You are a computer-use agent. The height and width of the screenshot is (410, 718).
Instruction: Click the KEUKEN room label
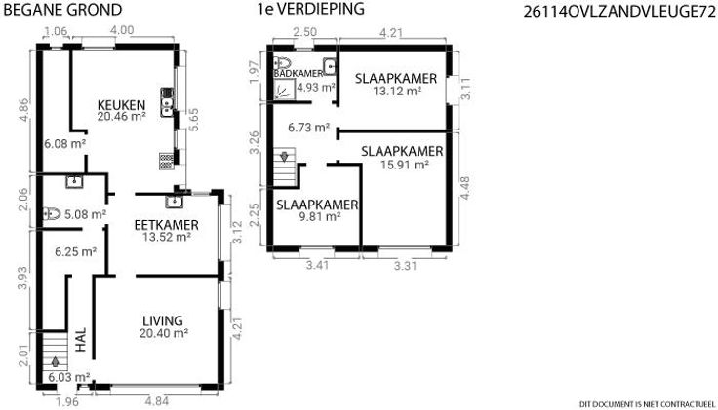pyautogui.click(x=121, y=105)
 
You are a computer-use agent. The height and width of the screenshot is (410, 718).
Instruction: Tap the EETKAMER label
pyautogui.click(x=167, y=225)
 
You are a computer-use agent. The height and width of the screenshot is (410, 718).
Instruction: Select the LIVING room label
pyautogui.click(x=163, y=320)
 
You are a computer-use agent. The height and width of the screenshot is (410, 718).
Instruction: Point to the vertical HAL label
pyautogui.click(x=81, y=340)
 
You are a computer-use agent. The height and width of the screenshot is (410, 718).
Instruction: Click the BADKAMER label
pyautogui.click(x=299, y=74)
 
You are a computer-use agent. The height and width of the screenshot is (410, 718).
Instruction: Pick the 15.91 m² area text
pyautogui.click(x=405, y=165)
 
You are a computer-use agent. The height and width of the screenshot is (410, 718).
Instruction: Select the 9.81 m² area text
pyautogui.click(x=320, y=216)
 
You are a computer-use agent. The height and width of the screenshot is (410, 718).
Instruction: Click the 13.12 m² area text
pyautogui.click(x=397, y=91)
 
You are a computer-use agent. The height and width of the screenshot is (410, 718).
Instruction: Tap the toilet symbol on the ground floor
pyautogui.click(x=52, y=213)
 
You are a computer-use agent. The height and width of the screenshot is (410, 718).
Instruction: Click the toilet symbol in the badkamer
pyautogui.click(x=282, y=63)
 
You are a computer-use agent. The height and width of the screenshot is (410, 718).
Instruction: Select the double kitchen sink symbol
pyautogui.click(x=167, y=102)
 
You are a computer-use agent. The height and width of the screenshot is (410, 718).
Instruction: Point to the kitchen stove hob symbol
pyautogui.click(x=167, y=161)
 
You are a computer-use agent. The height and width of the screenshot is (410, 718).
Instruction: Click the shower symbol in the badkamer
pyautogui.click(x=285, y=89)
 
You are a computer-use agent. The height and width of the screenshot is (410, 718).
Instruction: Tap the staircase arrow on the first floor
pyautogui.click(x=284, y=156)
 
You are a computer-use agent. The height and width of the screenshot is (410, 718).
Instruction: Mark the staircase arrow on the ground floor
pyautogui.click(x=56, y=361)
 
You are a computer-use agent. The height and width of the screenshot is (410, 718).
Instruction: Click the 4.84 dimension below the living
pyautogui.click(x=157, y=402)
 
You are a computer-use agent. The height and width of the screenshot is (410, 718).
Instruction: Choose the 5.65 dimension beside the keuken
pyautogui.click(x=194, y=120)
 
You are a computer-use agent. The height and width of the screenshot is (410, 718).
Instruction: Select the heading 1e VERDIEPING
pyautogui.click(x=311, y=9)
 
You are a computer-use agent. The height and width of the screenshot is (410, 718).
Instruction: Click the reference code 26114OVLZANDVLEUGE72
pyautogui.click(x=619, y=13)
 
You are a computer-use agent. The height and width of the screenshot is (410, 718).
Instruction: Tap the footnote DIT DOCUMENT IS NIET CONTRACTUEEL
pyautogui.click(x=647, y=404)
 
